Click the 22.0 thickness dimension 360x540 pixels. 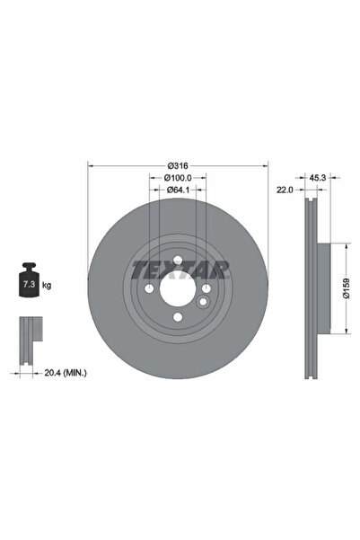[286, 190]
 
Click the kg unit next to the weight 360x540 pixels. [46, 285]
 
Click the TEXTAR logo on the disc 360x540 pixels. [180, 269]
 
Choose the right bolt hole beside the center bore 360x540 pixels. [207, 289]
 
